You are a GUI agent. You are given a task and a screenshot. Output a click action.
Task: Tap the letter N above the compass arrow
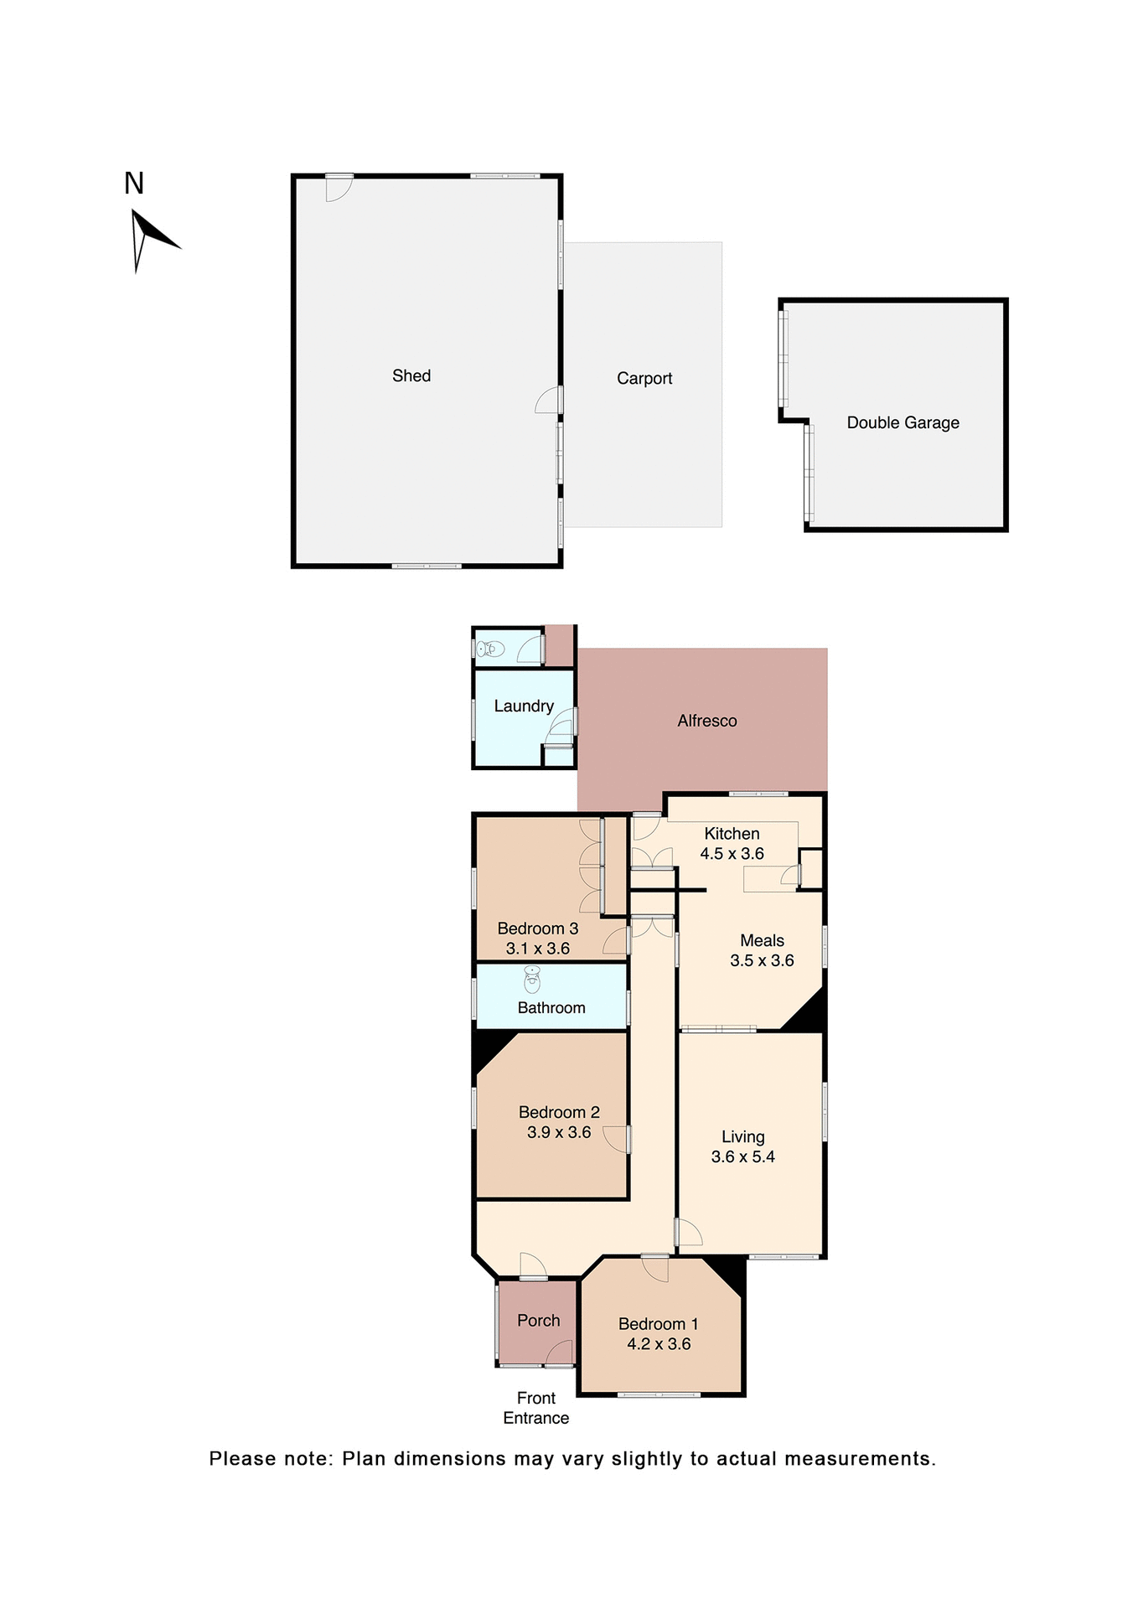pos(134,184)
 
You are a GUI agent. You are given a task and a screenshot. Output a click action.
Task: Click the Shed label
pos(411,376)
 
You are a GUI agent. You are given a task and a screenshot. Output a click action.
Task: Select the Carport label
pos(644,379)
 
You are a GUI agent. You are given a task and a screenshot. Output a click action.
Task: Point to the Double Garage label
pos(903,423)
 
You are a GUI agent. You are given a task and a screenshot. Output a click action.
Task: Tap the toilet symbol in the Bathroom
pos(532,979)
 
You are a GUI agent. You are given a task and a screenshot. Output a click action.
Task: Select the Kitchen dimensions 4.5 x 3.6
pos(732,854)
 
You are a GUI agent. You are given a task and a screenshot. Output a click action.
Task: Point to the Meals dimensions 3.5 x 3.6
pos(762,961)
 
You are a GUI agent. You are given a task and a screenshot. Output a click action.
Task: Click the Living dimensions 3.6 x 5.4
pos(742,1157)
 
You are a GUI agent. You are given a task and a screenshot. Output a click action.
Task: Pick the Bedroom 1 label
pos(658,1324)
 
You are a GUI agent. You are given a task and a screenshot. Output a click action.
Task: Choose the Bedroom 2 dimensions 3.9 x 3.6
pos(559,1133)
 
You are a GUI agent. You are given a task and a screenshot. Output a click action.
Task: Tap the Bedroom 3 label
pos(538,929)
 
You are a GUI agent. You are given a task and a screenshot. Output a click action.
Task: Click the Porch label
pos(538,1321)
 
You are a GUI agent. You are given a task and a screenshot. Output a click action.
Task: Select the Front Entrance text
pos(536,1408)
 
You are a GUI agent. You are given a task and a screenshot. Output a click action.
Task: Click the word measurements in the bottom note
pos(860,1459)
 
